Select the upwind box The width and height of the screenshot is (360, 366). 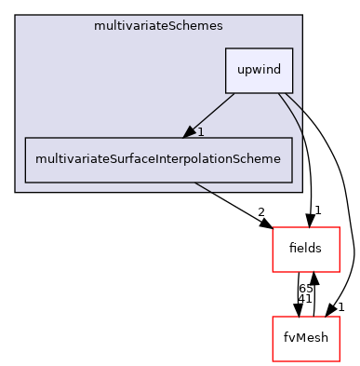259,70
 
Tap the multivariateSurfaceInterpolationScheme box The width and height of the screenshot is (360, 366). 157,159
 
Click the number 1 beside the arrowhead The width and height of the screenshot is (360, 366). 201,132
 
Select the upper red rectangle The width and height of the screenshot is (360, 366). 305,249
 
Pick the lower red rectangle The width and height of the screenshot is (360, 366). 305,339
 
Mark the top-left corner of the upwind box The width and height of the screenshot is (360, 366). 226,48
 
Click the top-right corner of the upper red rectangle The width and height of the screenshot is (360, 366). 339,227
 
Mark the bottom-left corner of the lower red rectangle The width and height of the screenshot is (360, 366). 273,361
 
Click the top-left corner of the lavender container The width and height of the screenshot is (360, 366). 16,16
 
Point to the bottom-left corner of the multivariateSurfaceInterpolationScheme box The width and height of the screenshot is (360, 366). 25,182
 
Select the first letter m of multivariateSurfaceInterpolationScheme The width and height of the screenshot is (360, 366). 39,159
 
